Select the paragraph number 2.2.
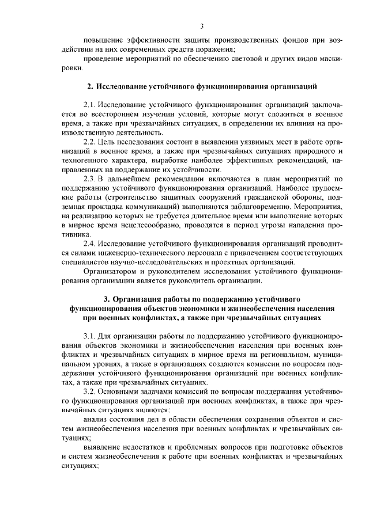(x=89, y=142)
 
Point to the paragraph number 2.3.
(x=89, y=179)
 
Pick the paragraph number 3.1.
(x=89, y=336)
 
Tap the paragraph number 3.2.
(x=89, y=391)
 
